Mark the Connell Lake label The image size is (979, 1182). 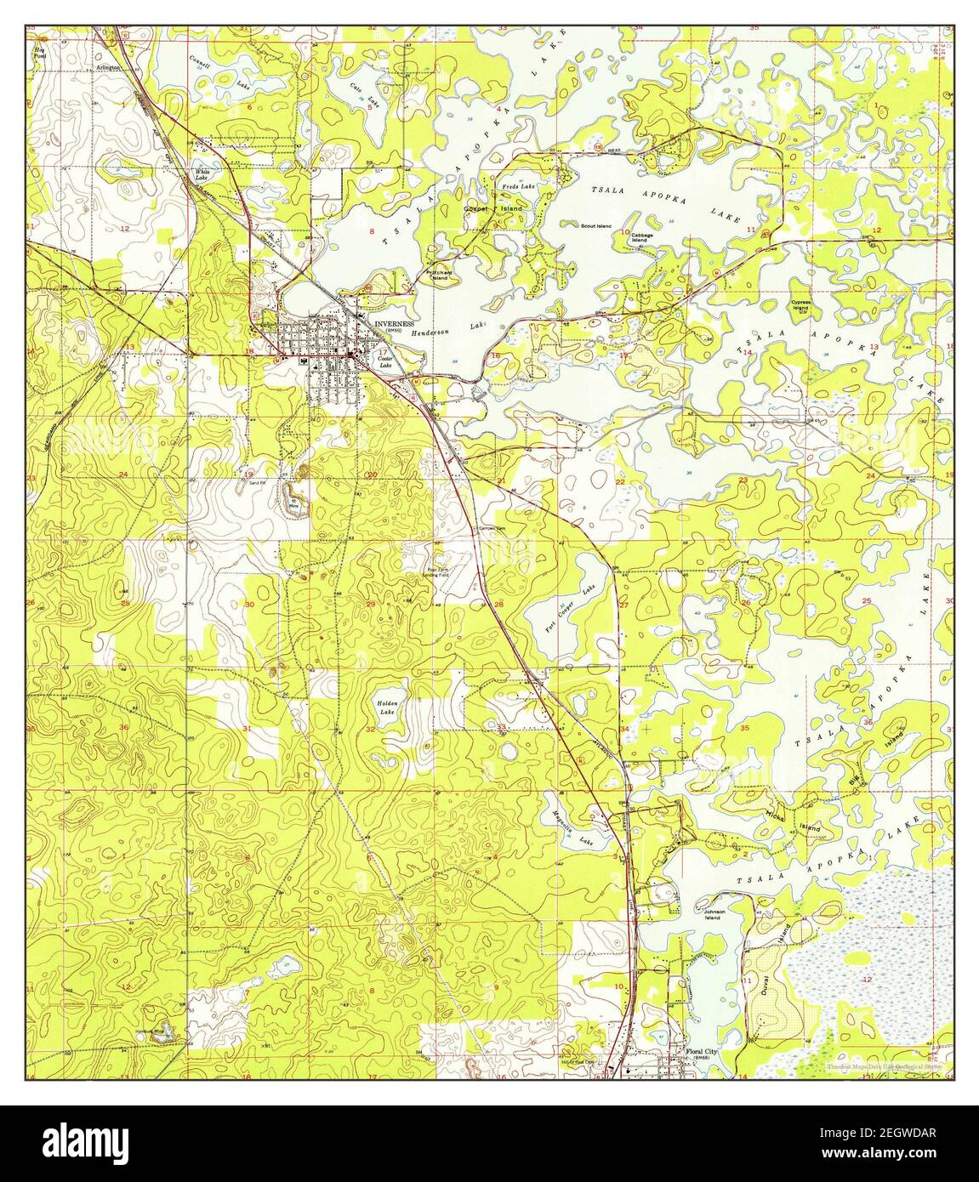coord(200,62)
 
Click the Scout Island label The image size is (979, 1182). coord(595,226)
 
